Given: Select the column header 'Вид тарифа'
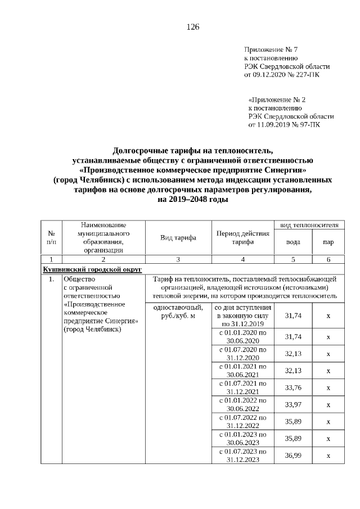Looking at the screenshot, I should pos(178,237).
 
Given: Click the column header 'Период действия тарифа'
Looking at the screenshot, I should pos(242,237).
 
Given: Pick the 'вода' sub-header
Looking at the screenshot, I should pos(293,242).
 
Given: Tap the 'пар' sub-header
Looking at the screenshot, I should pos(328,242).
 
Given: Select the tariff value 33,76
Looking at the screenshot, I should pos(293,387).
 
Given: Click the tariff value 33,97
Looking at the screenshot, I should pos(293,404).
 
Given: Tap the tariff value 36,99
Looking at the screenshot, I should pos(293,455).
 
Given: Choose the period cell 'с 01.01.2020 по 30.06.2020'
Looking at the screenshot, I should pos(242,336).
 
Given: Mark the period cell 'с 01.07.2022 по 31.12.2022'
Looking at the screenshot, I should pos(242,421).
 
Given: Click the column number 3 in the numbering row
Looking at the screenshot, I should pos(178,259).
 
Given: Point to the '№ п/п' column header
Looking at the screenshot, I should pos(51,237).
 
